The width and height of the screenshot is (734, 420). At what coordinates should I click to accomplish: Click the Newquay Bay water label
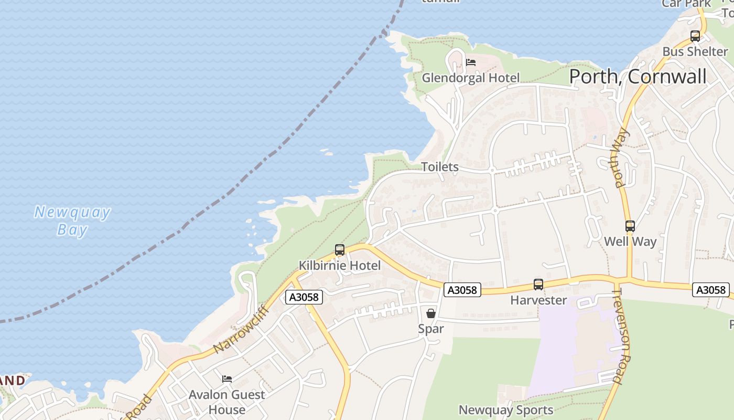[72, 221]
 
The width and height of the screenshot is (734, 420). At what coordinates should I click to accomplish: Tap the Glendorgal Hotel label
[471, 78]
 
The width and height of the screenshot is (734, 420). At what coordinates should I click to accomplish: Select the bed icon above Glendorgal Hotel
[471, 62]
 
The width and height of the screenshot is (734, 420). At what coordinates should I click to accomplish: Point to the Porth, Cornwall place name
[638, 77]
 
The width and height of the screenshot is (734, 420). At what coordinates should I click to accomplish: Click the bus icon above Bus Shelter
[695, 36]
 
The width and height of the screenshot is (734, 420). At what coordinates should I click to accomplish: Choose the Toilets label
[440, 167]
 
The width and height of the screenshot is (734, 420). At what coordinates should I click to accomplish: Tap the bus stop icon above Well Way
[630, 226]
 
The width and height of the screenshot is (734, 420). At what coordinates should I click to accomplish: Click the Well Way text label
[630, 241]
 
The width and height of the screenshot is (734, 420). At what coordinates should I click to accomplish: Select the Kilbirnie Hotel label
[340, 266]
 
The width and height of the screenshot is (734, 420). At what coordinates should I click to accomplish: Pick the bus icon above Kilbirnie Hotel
[340, 250]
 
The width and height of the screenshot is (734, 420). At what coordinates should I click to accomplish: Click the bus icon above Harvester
[538, 285]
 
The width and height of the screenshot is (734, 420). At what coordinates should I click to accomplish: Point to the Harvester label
[538, 300]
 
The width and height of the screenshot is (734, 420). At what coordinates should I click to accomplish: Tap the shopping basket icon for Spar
[431, 313]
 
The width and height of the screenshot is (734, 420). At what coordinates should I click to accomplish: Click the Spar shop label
[431, 329]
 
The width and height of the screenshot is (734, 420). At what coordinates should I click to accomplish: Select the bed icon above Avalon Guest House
[227, 379]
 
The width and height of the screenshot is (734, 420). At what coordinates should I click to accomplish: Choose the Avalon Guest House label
[227, 402]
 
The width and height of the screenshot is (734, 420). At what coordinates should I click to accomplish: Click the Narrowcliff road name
[242, 329]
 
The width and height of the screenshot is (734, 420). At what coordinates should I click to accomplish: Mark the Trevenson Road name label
[624, 336]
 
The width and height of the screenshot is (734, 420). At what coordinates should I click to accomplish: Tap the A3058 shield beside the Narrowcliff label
[304, 297]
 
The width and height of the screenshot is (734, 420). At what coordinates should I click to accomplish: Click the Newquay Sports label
[506, 410]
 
